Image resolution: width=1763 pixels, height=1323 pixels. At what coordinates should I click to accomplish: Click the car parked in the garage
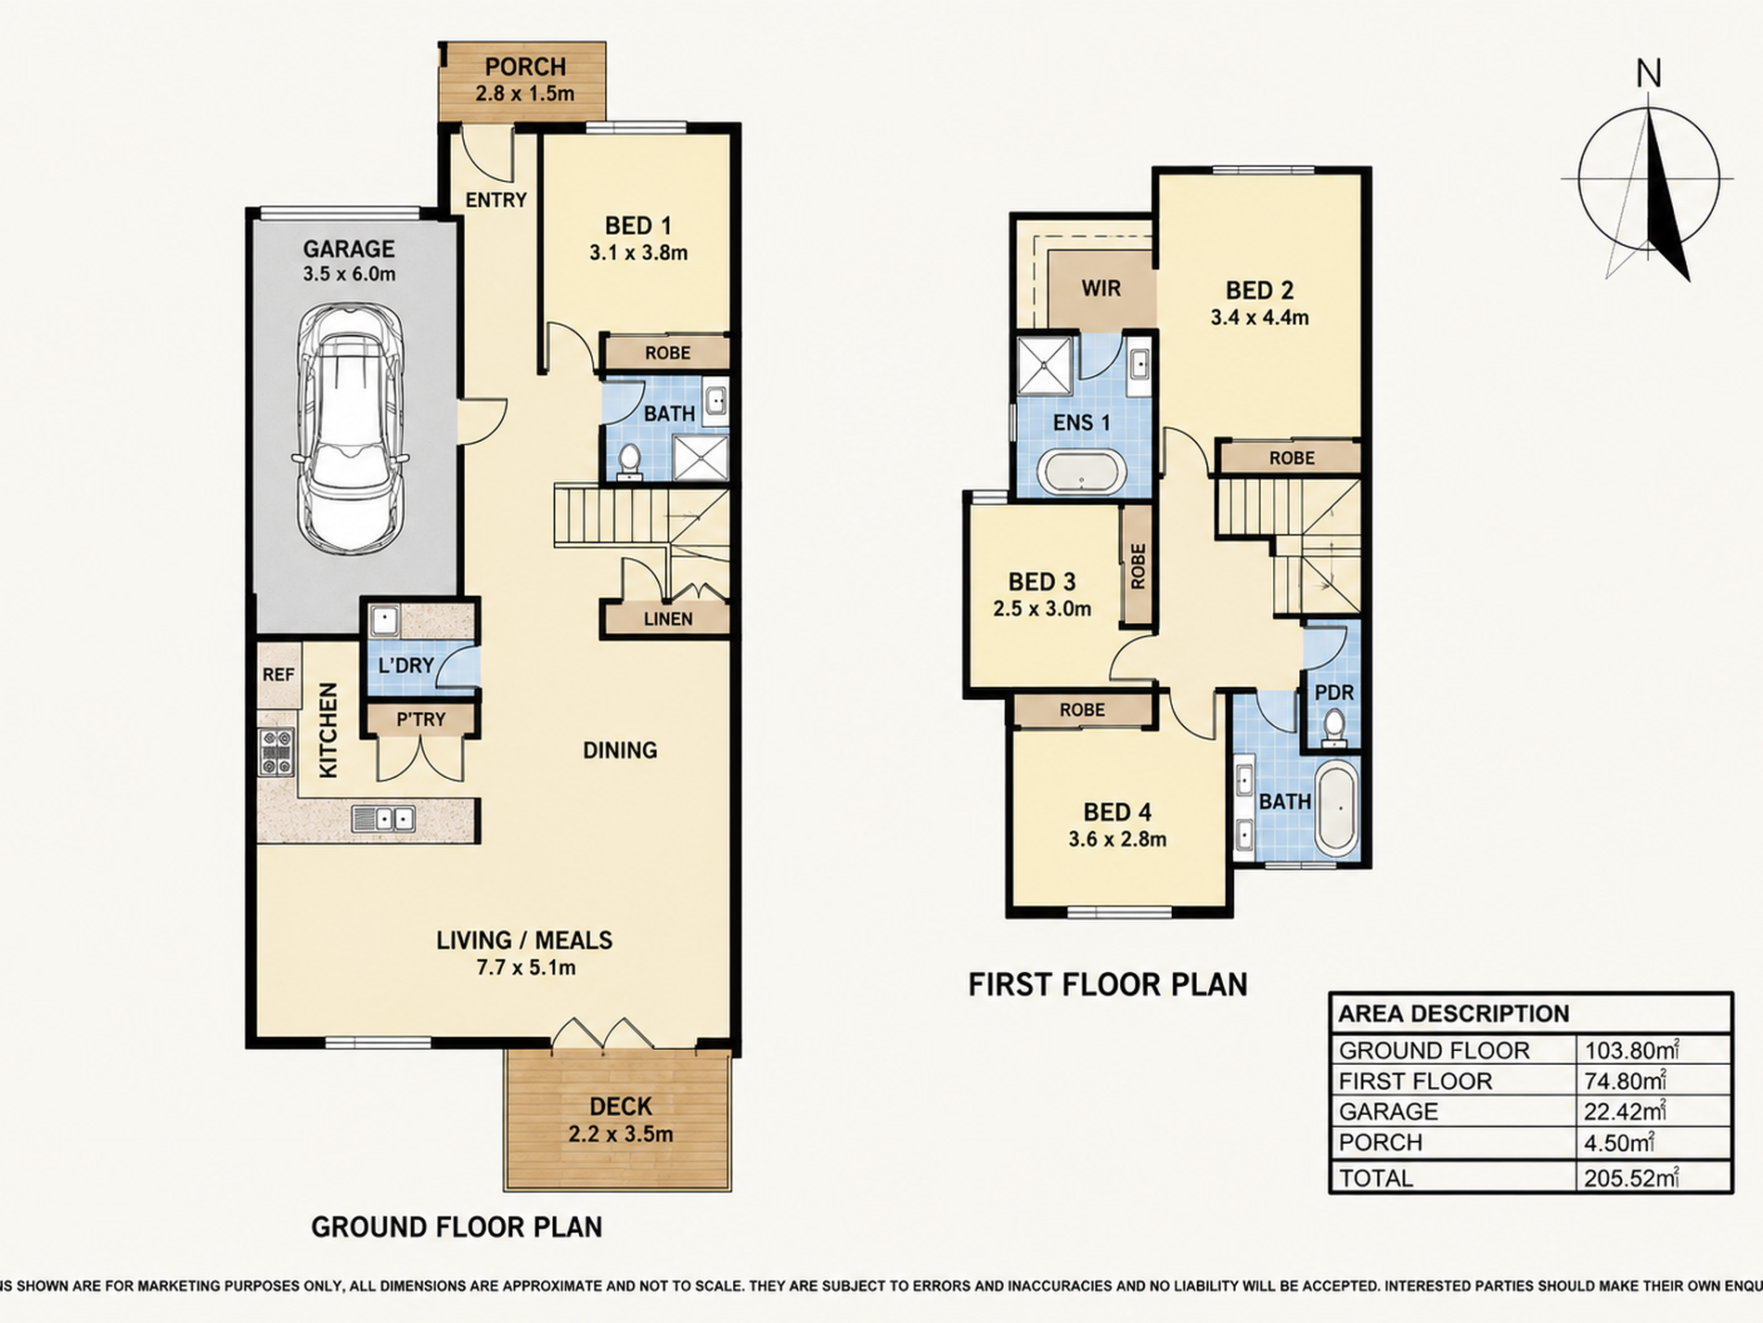click(349, 429)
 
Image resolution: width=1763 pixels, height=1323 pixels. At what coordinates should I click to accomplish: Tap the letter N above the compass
click(1648, 73)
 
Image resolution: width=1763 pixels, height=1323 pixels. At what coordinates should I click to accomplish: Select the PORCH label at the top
click(525, 67)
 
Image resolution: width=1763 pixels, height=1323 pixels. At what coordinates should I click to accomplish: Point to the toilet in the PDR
click(1333, 727)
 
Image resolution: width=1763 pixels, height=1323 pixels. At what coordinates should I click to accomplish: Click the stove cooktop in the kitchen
click(276, 751)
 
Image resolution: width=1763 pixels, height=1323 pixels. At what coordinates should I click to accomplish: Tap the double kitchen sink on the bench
click(383, 818)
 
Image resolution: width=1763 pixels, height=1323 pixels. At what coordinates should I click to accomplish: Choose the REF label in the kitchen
click(278, 675)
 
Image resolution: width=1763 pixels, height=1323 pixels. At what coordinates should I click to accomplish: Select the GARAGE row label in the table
click(1388, 1111)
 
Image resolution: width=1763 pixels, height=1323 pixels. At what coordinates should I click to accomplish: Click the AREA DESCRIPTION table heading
click(1454, 1013)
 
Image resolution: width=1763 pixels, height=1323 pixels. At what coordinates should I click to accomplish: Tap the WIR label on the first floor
click(1100, 288)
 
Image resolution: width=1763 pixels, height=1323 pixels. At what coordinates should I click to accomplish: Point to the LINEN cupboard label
click(668, 618)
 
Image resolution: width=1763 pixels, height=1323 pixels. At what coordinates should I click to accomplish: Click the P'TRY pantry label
click(421, 719)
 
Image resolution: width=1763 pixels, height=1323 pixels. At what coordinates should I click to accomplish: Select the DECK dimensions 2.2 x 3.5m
click(621, 1134)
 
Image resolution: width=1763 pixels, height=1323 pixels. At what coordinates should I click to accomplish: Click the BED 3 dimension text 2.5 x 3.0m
click(1042, 609)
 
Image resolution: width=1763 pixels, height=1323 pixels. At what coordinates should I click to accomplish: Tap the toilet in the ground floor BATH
click(629, 461)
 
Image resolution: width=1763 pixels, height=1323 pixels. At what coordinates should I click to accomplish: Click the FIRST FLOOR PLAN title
click(1108, 984)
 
